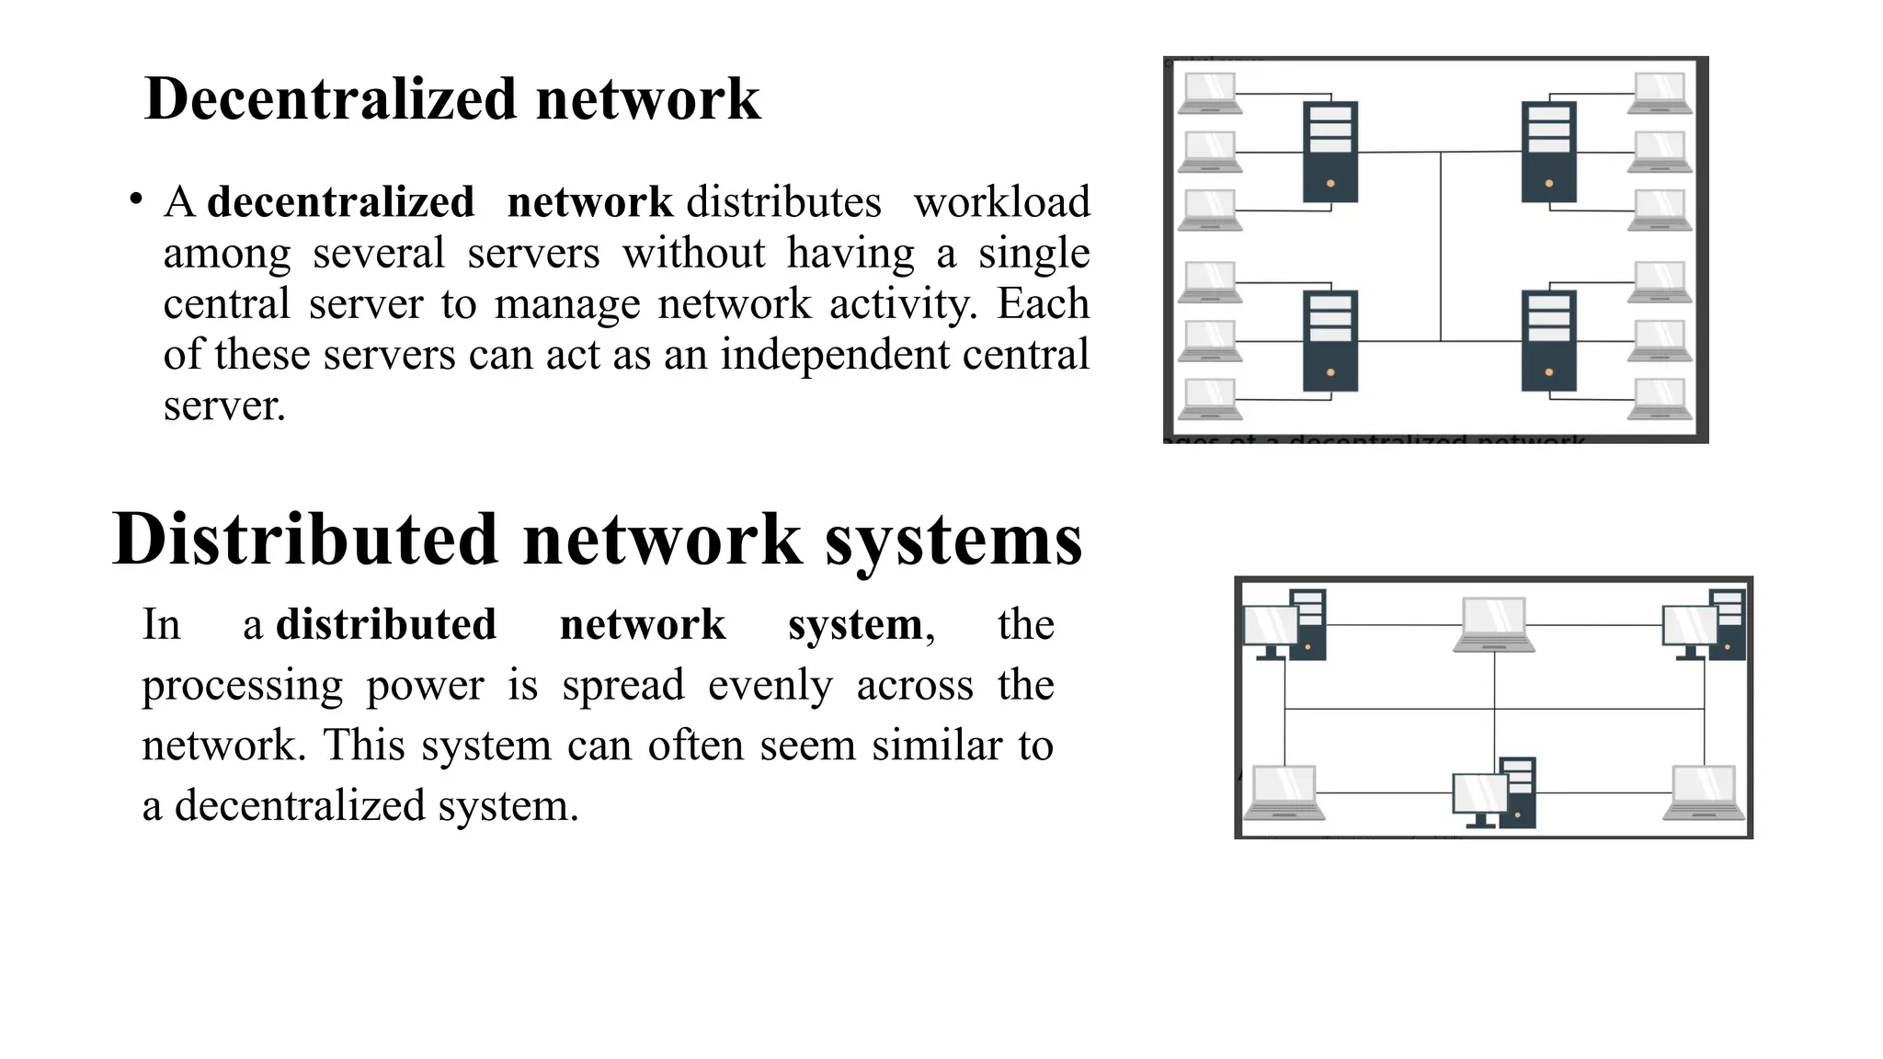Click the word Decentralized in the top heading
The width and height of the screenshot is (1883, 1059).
point(329,98)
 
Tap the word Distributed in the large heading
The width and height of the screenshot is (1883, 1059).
point(304,539)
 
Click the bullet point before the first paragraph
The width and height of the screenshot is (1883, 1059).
point(136,199)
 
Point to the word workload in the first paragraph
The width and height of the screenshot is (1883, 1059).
point(1001,202)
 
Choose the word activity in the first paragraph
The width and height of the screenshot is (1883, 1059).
point(902,303)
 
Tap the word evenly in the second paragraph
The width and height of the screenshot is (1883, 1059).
point(770,685)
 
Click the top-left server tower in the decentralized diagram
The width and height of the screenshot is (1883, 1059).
point(1330,152)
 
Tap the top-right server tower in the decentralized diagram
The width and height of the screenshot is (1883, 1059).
point(1548,152)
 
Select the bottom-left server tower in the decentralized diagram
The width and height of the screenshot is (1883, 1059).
point(1330,340)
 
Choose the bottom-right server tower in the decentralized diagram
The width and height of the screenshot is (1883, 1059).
point(1548,340)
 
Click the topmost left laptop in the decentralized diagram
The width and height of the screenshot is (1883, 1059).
point(1210,93)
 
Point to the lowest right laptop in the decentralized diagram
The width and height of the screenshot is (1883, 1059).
point(1660,399)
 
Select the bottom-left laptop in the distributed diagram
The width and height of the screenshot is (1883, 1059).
point(1284,792)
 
